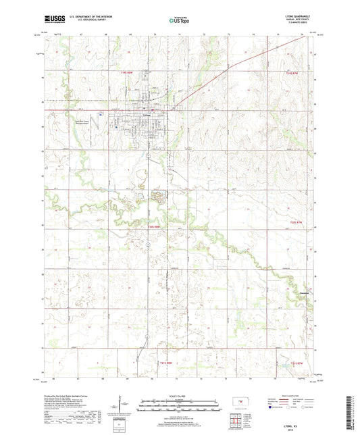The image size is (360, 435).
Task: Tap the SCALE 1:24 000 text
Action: point(179,395)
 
